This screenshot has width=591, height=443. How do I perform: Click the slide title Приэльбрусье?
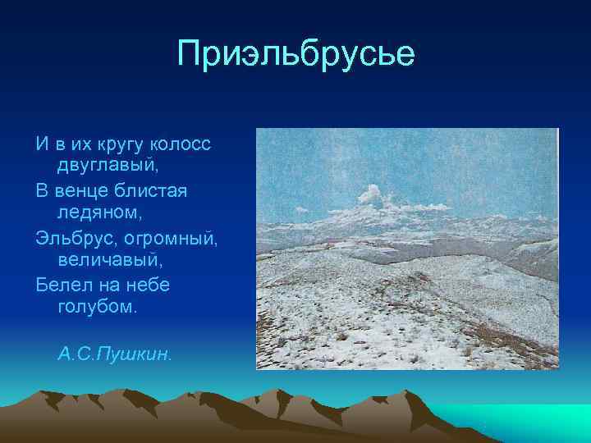coord(296,55)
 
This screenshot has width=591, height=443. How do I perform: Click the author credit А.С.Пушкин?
coord(115,354)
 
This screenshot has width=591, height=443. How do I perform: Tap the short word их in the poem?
coord(80,144)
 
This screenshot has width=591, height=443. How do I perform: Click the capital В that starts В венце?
coord(43,190)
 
